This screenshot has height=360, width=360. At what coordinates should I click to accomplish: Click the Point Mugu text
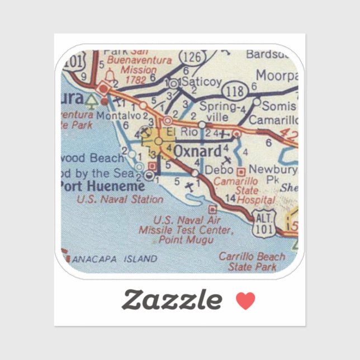187,240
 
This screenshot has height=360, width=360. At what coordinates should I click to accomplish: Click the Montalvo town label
118,115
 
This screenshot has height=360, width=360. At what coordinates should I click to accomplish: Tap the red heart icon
245,301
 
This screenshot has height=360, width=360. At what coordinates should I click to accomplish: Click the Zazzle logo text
172,300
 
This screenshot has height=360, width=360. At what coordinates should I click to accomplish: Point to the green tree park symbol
91,101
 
